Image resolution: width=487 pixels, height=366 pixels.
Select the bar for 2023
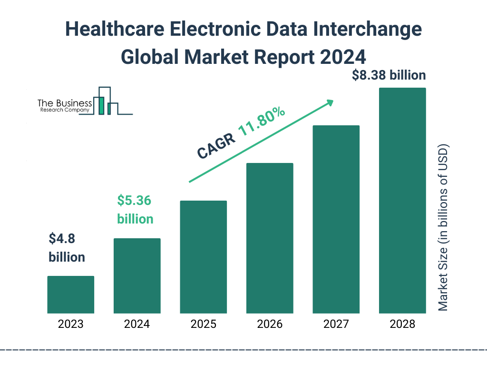[70, 295]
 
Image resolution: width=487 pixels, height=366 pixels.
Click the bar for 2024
[137, 276]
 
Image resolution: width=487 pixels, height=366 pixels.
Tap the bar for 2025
[203, 257]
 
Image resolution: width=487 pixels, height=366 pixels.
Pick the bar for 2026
[270, 238]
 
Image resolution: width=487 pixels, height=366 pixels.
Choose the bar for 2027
[336, 219]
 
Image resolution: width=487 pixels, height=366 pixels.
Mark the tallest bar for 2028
[402, 201]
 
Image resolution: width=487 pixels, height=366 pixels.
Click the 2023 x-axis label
[70, 325]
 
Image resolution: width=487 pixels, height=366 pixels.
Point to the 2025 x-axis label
[203, 325]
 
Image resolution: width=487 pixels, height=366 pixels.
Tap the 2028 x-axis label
[402, 325]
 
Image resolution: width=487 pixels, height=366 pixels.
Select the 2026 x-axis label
[270, 325]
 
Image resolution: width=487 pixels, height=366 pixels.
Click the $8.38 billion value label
[389, 75]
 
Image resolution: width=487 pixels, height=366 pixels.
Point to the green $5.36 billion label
[135, 210]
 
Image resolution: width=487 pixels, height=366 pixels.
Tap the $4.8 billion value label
[67, 247]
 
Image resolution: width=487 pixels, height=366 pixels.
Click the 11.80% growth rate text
[262, 122]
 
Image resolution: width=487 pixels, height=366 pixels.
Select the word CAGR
[215, 145]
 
